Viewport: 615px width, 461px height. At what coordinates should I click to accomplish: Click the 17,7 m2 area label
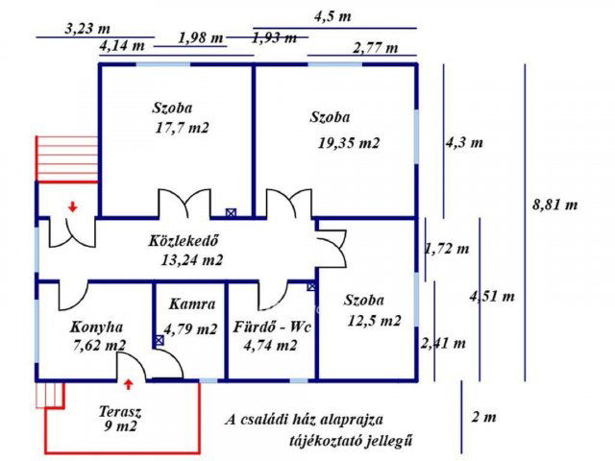pyautogui.click(x=182, y=127)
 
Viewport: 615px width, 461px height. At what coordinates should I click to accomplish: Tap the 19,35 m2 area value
pyautogui.click(x=349, y=143)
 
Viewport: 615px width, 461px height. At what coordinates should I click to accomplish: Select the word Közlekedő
pyautogui.click(x=185, y=240)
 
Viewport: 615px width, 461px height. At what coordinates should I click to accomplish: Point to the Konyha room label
pyautogui.click(x=96, y=326)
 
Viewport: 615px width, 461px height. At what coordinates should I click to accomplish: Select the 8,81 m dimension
pyautogui.click(x=554, y=205)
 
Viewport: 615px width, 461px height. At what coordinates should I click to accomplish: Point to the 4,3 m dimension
pyautogui.click(x=463, y=143)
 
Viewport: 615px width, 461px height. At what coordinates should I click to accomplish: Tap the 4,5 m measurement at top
pyautogui.click(x=332, y=16)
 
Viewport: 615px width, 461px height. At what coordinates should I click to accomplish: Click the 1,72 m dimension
pyautogui.click(x=447, y=250)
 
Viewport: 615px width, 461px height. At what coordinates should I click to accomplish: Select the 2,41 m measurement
pyautogui.click(x=444, y=342)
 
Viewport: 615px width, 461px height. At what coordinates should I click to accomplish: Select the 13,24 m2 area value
pyautogui.click(x=192, y=259)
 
